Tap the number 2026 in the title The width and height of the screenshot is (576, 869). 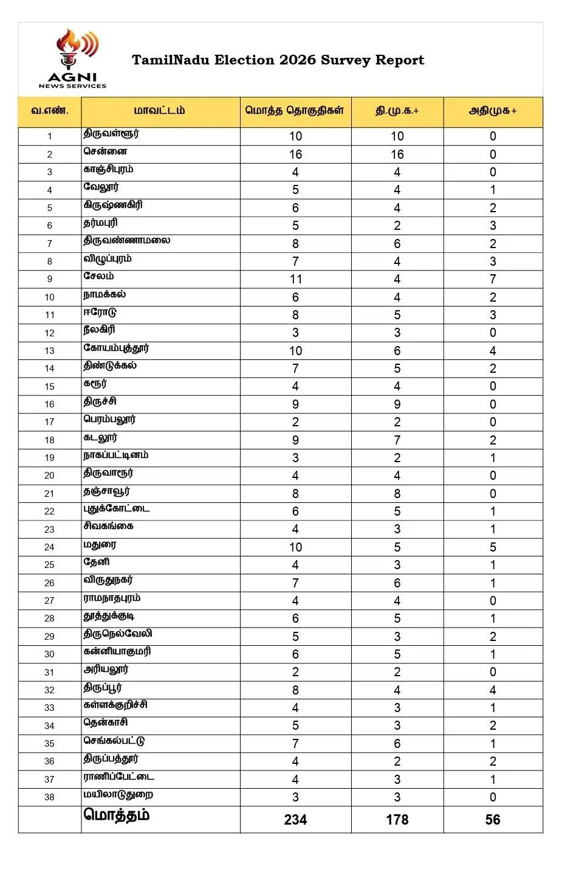pos(297,60)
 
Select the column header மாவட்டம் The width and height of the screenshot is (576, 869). pos(159,111)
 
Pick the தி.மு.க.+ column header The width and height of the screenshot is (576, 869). pos(397,111)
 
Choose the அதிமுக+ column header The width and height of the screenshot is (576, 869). pos(492,111)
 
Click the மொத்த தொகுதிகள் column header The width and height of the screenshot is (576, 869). pos(295,111)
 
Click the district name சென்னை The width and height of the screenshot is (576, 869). pos(105,151)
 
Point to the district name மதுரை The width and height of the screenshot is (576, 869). pos(100,544)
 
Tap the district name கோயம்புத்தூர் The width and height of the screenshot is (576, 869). pos(116,348)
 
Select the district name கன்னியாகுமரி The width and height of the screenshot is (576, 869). pos(117,651)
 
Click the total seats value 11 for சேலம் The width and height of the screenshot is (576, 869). pos(295,279)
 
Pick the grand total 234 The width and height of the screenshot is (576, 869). pos(295,819)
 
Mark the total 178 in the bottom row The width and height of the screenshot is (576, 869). pos(397,819)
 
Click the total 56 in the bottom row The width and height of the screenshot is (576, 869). pos(492,819)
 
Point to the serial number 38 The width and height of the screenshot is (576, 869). pos(49,797)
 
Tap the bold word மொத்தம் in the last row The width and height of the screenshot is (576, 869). pos(116,815)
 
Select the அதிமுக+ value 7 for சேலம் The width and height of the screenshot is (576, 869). pos(492,279)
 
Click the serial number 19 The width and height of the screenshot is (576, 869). pos(49,457)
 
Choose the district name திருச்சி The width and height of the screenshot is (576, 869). pos(100,401)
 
